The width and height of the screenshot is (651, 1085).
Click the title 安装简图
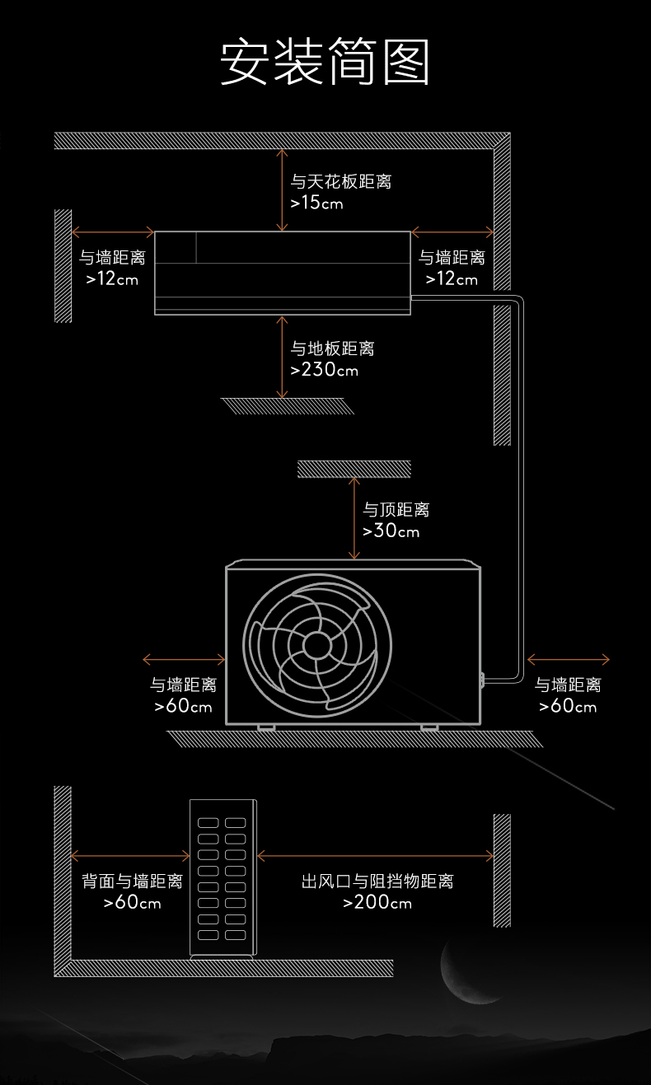[325, 62]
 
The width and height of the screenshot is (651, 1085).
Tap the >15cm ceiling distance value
[316, 202]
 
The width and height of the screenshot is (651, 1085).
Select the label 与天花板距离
[340, 181]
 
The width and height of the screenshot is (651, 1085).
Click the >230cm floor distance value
[324, 370]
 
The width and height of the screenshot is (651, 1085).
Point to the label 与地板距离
[332, 349]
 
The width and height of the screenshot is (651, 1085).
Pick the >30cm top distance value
[391, 531]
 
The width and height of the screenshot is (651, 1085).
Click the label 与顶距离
[396, 510]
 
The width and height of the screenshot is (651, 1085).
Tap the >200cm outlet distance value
[377, 903]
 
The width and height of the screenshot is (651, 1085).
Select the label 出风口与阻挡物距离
[377, 882]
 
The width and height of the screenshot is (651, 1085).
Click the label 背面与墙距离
[132, 882]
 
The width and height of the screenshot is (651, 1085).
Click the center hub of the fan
[316, 645]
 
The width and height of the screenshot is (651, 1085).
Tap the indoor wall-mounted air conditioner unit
[283, 272]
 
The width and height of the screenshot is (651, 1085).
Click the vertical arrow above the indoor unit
[283, 189]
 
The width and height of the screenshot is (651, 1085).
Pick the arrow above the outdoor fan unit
[354, 519]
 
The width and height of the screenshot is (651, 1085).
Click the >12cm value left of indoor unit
[112, 279]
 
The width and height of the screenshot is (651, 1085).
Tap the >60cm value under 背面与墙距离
[132, 903]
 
